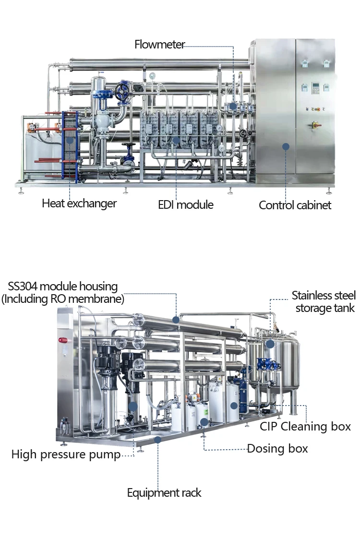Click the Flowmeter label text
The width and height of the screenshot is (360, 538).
160,45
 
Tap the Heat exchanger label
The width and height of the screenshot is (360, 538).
79,203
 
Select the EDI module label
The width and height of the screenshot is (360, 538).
186,205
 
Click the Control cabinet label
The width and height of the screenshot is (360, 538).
295,205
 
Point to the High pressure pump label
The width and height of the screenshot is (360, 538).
66,454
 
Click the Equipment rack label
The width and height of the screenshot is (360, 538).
164,493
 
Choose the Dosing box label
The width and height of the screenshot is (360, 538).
277,449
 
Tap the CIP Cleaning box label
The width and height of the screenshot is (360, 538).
305,426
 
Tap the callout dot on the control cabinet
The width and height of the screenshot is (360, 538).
286,146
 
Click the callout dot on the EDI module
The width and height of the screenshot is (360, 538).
176,141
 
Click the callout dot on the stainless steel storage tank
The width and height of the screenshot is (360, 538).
270,344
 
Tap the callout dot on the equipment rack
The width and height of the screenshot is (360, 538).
157,439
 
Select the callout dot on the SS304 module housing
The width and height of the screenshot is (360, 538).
176,319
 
